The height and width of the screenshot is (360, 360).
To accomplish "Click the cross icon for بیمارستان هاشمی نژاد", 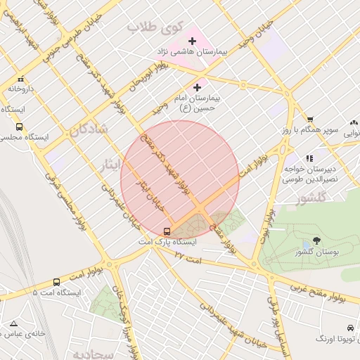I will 192,41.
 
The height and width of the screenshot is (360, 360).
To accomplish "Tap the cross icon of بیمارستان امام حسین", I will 196,87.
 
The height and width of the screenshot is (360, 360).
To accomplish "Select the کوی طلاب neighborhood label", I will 155,27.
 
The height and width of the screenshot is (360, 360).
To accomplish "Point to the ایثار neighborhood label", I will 110,165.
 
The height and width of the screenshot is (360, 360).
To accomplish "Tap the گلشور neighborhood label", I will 312,199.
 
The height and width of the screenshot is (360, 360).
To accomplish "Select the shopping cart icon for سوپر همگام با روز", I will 309,120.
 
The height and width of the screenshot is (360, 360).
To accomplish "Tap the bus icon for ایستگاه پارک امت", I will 167,231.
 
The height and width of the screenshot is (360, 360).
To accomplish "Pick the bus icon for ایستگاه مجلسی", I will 19,127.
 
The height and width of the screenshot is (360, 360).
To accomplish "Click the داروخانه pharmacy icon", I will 21,79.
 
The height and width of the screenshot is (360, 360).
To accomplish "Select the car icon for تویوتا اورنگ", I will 350,328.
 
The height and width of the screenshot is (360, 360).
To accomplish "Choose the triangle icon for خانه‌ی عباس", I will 13,324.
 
